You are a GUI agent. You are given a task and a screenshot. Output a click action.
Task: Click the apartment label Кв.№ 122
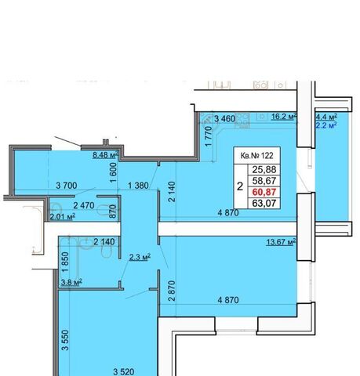tap(256, 156)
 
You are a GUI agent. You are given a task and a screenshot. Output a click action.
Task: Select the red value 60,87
tap(264, 192)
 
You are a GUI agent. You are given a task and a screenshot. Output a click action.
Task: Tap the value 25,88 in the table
tap(264, 169)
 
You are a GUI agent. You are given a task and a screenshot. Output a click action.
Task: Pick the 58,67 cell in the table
tap(264, 181)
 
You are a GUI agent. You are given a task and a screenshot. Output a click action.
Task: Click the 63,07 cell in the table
tap(264, 203)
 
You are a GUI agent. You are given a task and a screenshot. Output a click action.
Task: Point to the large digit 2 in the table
tap(240, 186)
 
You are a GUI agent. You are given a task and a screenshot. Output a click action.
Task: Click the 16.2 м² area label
tap(284, 117)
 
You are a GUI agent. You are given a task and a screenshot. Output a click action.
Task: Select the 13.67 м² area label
tap(281, 242)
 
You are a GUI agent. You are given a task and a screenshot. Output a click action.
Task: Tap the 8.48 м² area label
tap(106, 155)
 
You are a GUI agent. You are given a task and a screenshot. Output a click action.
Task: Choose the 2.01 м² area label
tap(63, 216)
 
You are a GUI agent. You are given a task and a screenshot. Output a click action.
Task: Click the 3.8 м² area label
tap(71, 282)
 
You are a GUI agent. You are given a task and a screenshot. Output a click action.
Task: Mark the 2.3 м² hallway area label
tap(140, 258)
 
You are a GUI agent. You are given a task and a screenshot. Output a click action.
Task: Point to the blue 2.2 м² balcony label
tap(326, 125)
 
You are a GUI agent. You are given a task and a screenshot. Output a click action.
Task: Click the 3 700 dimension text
tap(67, 186)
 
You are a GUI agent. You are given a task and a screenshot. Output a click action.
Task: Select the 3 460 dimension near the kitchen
tap(224, 119)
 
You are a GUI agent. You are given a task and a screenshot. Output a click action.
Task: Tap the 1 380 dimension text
tap(138, 186)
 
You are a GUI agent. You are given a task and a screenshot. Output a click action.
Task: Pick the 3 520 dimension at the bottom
tap(124, 371)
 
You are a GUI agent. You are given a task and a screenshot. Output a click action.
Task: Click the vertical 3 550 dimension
tap(65, 340)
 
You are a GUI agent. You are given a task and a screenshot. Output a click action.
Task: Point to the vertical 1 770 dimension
tap(209, 136)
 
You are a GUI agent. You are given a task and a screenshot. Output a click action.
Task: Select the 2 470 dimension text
tap(84, 205)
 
